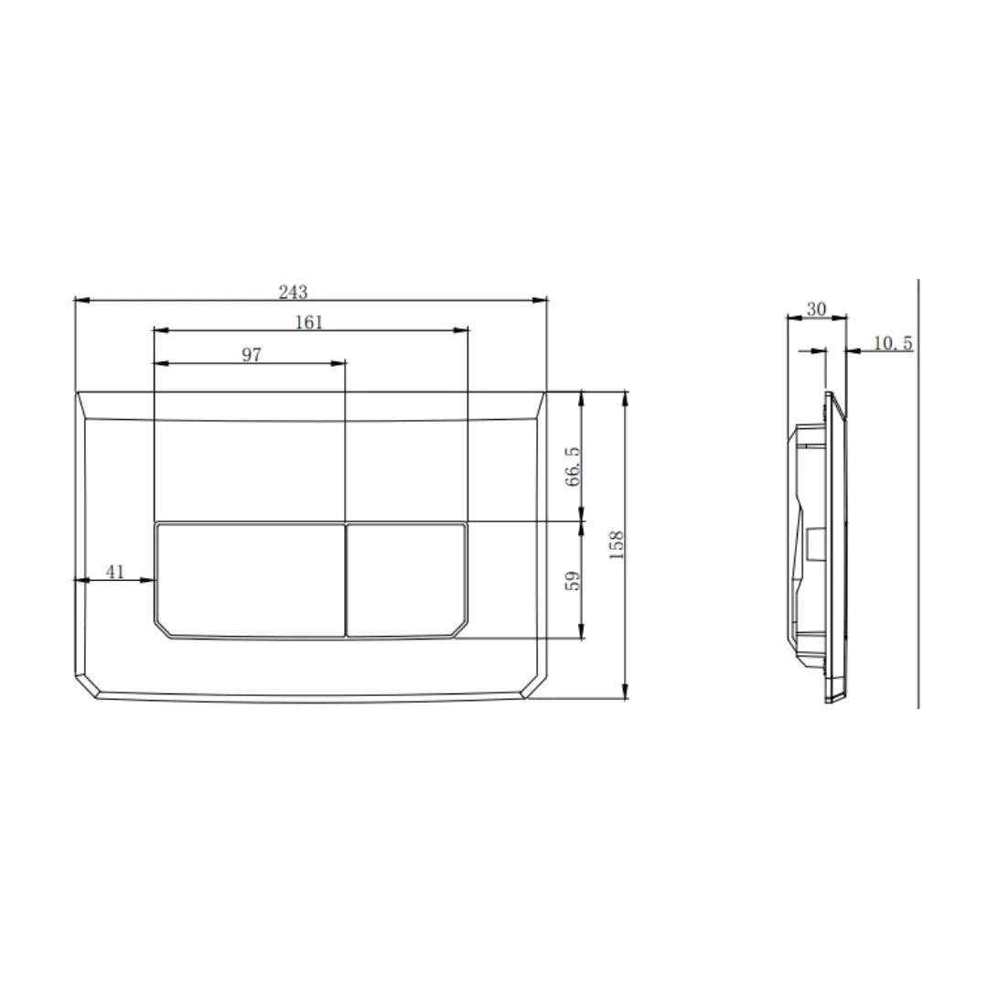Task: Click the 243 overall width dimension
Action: click(293, 292)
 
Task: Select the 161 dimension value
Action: click(309, 322)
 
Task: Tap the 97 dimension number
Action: click(252, 355)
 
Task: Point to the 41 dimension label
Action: click(114, 572)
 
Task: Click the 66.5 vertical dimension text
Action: click(573, 467)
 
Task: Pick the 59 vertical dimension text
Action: click(573, 581)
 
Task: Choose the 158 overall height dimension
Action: click(617, 544)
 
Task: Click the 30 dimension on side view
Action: click(816, 309)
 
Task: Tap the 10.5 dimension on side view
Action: click(892, 343)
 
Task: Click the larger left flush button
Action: click(250, 579)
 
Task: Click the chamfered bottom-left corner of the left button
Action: click(164, 629)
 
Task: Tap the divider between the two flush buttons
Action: click(346, 579)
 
